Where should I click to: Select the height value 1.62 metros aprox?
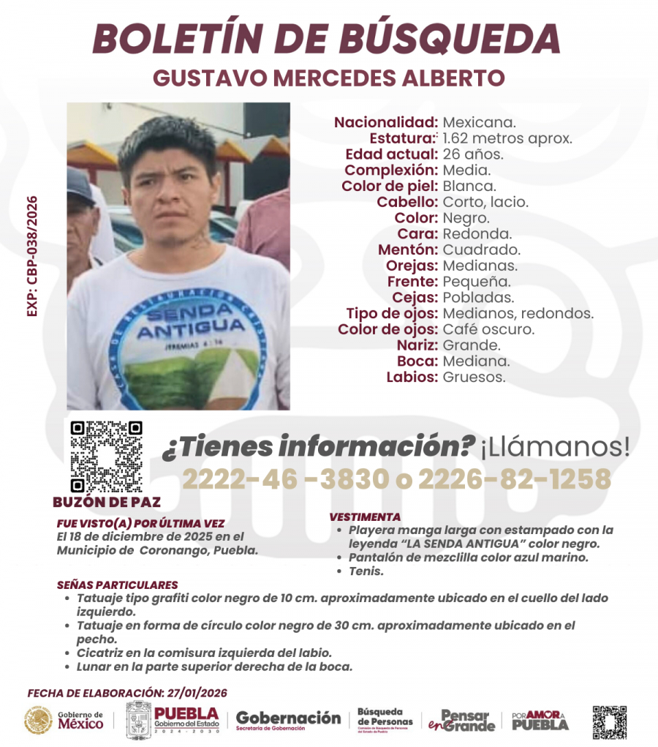point(507,138)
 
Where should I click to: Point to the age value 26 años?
point(473,154)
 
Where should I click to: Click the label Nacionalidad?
point(386,122)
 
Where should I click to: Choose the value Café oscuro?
point(488,329)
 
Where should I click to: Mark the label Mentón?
point(407,249)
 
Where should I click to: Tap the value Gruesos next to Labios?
point(474,378)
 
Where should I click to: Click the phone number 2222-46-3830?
point(285,480)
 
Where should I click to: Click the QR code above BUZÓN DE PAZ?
point(106,456)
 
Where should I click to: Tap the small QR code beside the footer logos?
point(609,722)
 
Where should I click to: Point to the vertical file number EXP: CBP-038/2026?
point(32,256)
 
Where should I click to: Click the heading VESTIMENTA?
point(365,517)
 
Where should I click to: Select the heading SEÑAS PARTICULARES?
point(117,585)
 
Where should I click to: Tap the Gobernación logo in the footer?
point(288,720)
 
